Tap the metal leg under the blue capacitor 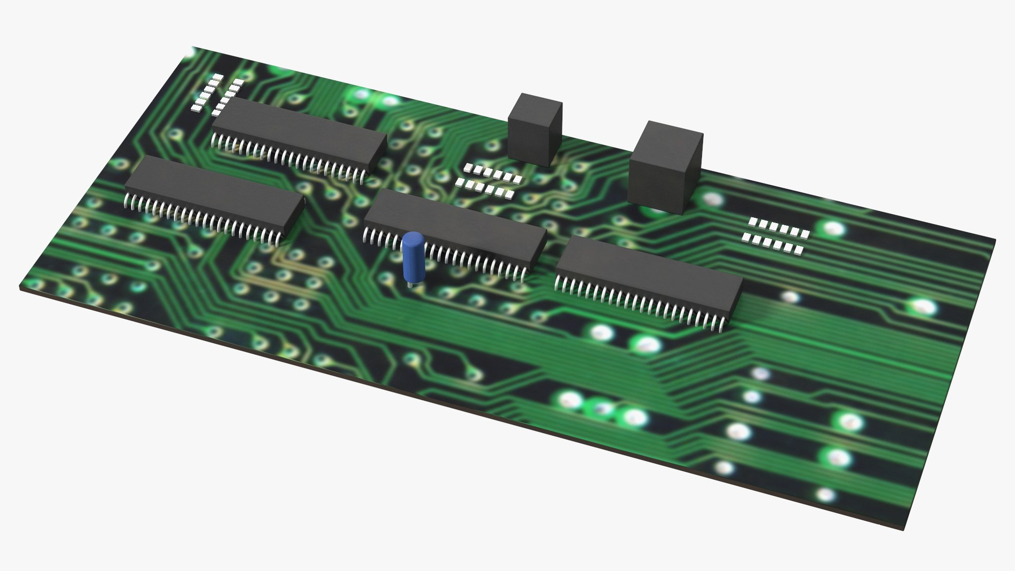point(410,283)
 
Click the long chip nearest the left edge point(214,194)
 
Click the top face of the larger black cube point(669,135)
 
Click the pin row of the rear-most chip point(288,155)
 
